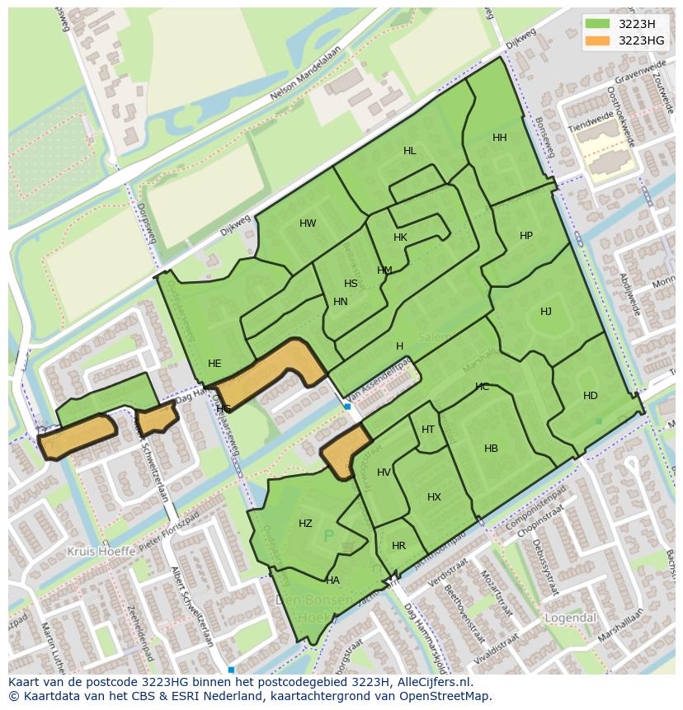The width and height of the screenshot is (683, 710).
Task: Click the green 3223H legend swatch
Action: coord(598,24)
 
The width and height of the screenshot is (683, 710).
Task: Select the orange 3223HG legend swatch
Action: coord(598,40)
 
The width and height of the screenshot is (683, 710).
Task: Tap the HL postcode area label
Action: coord(410,151)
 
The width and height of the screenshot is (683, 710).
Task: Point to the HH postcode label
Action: coord(500,138)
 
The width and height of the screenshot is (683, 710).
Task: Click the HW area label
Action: coord(308,223)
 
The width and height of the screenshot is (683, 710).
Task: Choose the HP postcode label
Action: coord(526,236)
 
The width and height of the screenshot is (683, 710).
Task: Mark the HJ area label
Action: coord(546,312)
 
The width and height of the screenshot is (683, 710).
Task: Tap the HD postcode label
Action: coord(591,396)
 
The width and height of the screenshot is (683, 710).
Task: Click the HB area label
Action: coord(491,449)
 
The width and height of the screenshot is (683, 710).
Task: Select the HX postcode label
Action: coord(435,497)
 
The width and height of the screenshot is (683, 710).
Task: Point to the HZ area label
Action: coord(305,524)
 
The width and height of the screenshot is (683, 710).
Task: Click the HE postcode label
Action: coord(214,364)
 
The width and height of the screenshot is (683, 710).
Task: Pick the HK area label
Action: coord(401,237)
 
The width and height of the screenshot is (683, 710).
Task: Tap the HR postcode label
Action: coord(399,546)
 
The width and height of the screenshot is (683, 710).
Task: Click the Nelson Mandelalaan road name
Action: coord(306,78)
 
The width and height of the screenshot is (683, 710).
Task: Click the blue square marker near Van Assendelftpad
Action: coord(347,407)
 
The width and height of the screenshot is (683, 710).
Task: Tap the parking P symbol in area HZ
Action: coord(328,537)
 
